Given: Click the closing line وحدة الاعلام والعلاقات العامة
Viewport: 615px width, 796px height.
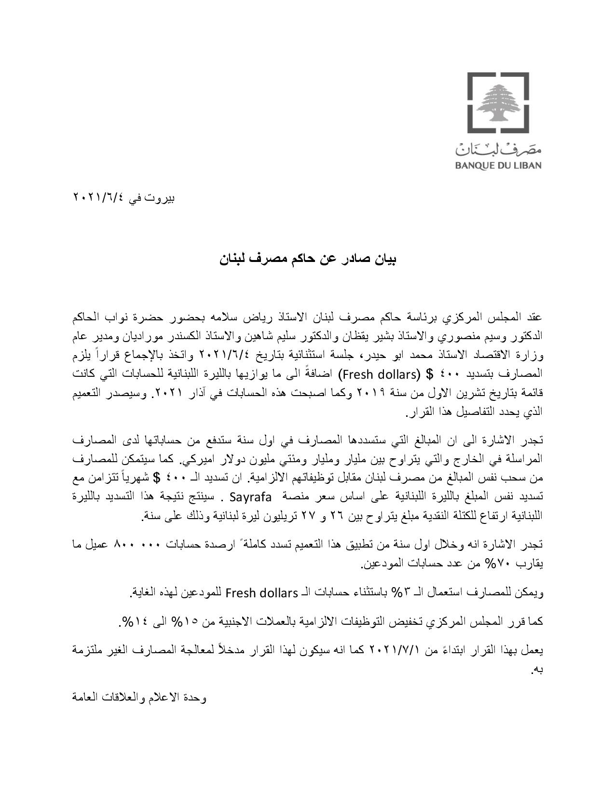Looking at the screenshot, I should pyautogui.click(x=139, y=698).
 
